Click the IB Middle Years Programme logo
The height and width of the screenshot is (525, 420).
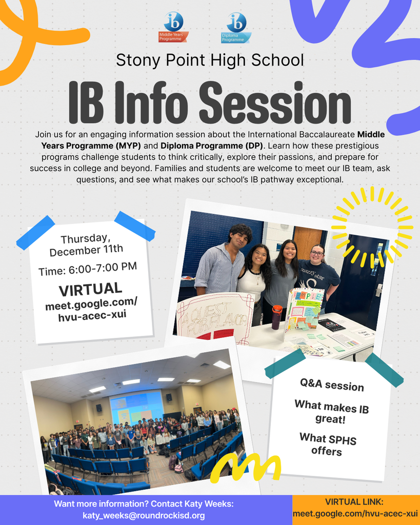(x=173, y=28)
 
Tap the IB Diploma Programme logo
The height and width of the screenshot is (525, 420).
(x=236, y=28)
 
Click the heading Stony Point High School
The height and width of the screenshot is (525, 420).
(x=210, y=60)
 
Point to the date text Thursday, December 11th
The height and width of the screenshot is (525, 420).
(x=86, y=245)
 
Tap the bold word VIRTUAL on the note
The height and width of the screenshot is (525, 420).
(x=90, y=290)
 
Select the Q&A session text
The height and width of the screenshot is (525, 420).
(x=332, y=385)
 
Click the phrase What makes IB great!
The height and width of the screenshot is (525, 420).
(x=331, y=413)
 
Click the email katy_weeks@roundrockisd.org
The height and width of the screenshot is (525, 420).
(x=144, y=515)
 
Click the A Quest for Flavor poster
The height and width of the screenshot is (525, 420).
(x=214, y=319)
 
